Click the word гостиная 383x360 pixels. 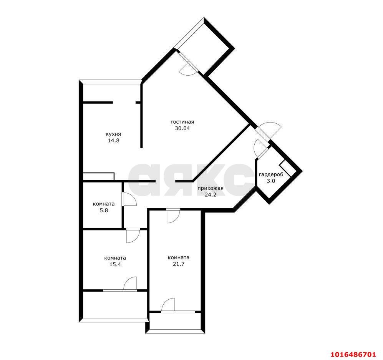pyautogui.click(x=182, y=122)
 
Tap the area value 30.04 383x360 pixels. pyautogui.click(x=182, y=128)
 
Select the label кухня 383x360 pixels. pyautogui.click(x=113, y=134)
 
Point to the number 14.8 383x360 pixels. pyautogui.click(x=113, y=141)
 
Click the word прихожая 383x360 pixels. pyautogui.click(x=210, y=188)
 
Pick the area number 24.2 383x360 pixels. pyautogui.click(x=211, y=194)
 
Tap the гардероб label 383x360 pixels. pyautogui.click(x=271, y=175)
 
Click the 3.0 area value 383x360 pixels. pyautogui.click(x=271, y=181)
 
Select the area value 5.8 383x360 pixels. pyautogui.click(x=104, y=210)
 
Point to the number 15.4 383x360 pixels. pyautogui.click(x=115, y=264)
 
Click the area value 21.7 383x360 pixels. pyautogui.click(x=179, y=264)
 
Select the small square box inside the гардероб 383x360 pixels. pyautogui.click(x=286, y=169)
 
